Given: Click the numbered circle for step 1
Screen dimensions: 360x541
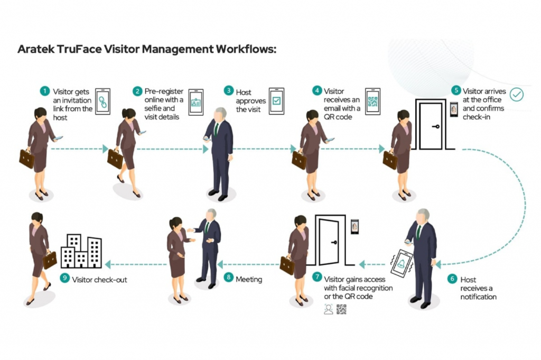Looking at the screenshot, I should (x=45, y=91).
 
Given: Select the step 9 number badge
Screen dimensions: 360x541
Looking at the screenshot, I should (x=64, y=279).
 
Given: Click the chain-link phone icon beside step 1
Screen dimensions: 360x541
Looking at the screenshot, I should (x=102, y=101).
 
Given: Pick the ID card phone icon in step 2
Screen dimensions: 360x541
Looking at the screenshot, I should (x=196, y=101).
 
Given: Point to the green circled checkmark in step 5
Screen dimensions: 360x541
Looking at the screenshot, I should (x=516, y=95).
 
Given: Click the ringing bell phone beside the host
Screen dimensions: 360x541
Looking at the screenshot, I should (x=402, y=262).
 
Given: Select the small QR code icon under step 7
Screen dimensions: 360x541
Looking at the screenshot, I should (x=341, y=309).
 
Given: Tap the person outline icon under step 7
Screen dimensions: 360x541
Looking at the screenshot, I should (x=329, y=309).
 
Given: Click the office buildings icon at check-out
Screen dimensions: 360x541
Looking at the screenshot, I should (x=81, y=251).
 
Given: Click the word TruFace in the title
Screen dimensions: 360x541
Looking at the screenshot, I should (x=82, y=49).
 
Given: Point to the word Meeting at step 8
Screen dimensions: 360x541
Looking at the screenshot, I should (x=249, y=279).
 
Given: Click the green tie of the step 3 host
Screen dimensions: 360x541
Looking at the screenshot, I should (x=216, y=129).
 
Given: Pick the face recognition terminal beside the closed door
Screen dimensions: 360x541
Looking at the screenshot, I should (x=454, y=109).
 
